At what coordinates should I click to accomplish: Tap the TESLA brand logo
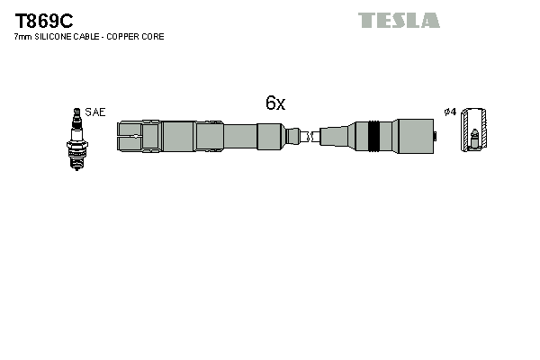(x=399, y=20)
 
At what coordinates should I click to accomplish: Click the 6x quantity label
(x=275, y=103)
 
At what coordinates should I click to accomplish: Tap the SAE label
(x=97, y=112)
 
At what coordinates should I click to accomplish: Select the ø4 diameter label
(x=450, y=112)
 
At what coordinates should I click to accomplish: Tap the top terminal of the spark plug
(x=76, y=112)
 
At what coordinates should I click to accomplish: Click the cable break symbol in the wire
(x=307, y=137)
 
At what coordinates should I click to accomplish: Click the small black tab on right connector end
(x=435, y=137)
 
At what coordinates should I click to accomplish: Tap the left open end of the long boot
(x=121, y=137)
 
